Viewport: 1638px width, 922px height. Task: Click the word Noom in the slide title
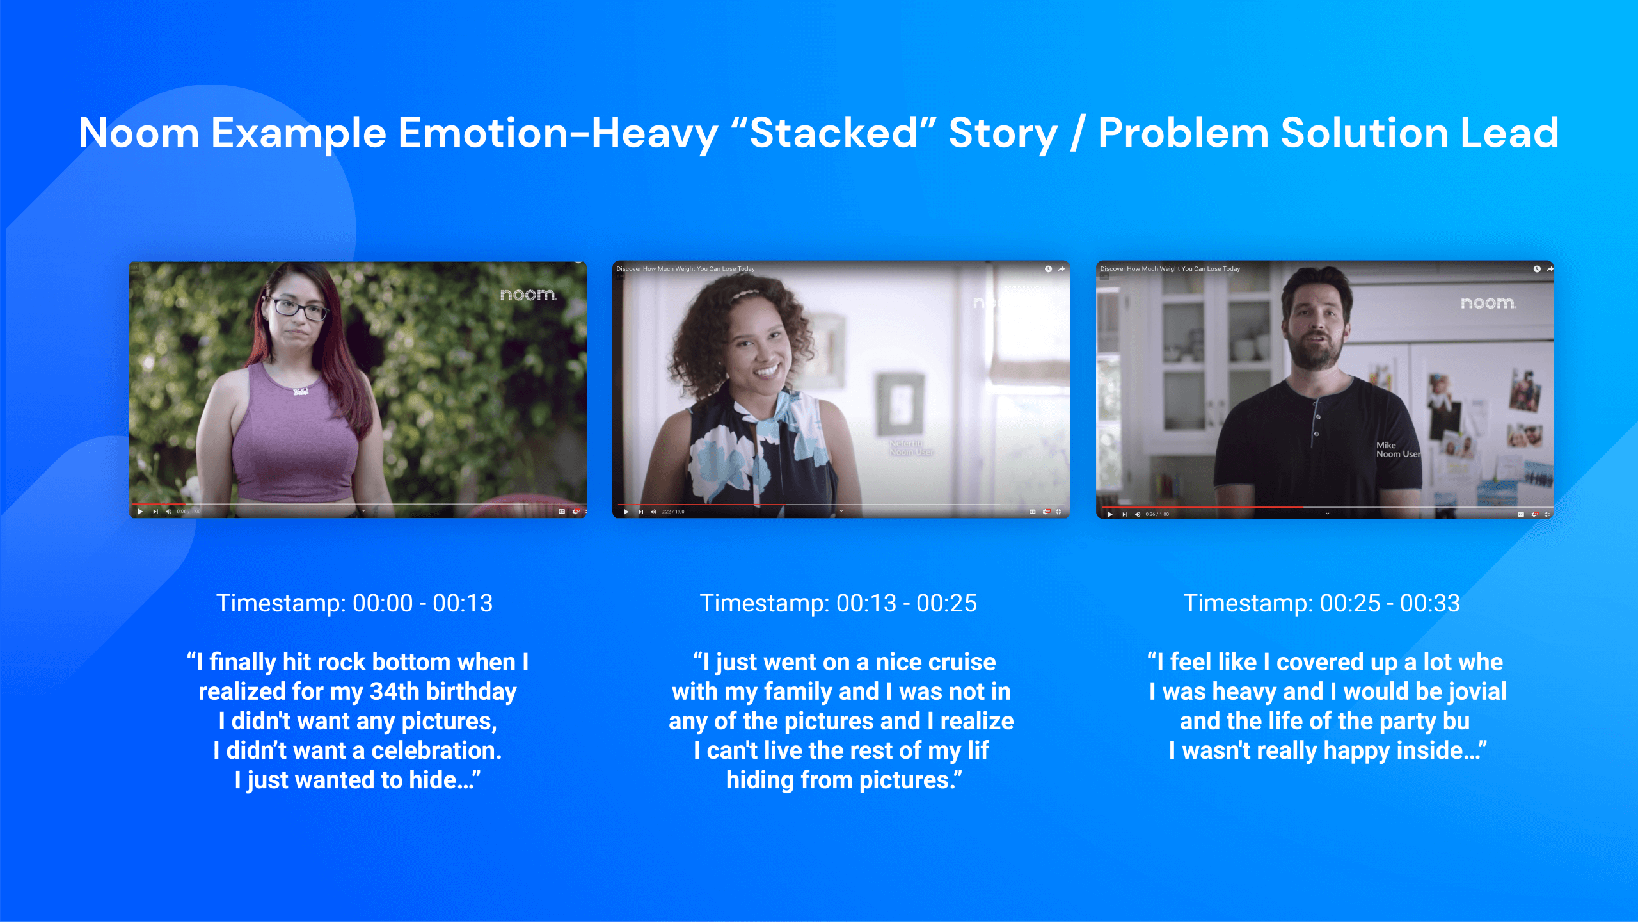139,133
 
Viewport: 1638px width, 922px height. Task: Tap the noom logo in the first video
528,295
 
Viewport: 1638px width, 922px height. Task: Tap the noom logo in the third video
1488,303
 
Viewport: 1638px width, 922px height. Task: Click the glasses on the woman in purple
298,309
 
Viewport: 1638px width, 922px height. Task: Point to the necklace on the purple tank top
301,391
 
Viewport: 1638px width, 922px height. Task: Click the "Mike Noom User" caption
1397,449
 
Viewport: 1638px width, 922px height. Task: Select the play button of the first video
140,511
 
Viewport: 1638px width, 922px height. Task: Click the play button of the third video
1110,514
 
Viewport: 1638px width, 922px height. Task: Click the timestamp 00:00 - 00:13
354,603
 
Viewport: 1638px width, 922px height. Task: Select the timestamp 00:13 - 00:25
838,603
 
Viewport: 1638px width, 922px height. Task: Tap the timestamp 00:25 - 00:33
1322,603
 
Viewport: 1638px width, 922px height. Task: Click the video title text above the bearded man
1170,269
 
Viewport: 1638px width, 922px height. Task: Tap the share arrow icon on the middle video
1062,269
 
